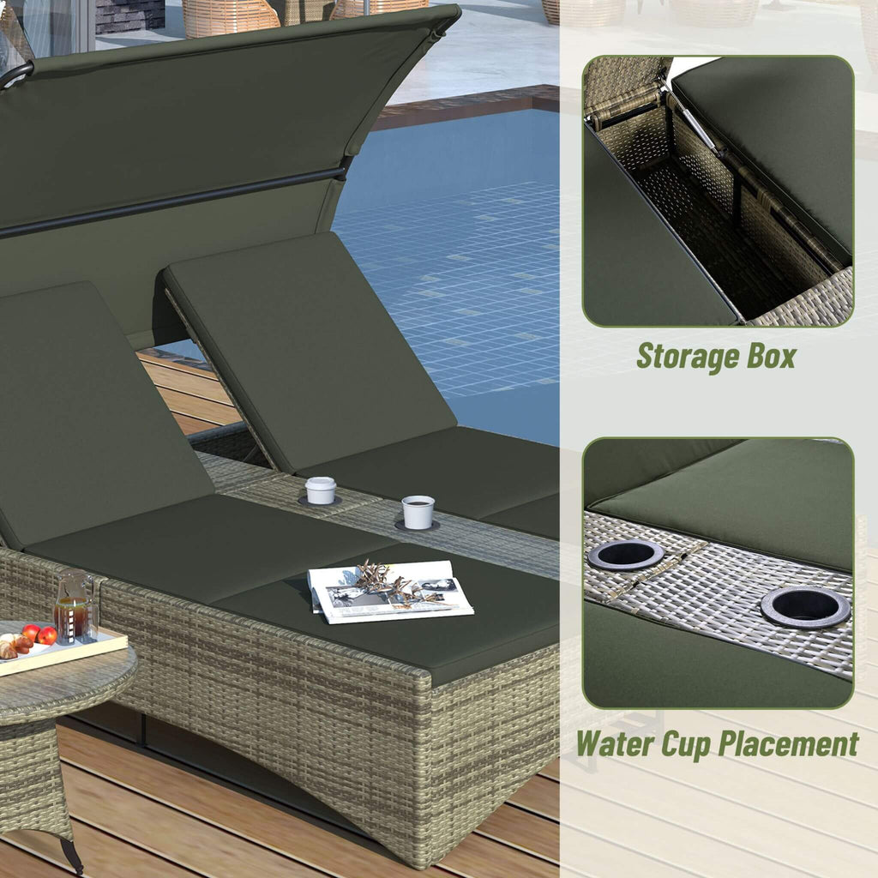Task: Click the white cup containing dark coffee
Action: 418,512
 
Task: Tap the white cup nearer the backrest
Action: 321,490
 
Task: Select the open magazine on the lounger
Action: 390,592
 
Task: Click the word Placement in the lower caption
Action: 788,743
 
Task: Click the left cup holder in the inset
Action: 626,555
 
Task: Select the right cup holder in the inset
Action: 805,607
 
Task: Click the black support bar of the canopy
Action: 171,201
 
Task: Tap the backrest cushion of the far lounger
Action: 309,343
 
